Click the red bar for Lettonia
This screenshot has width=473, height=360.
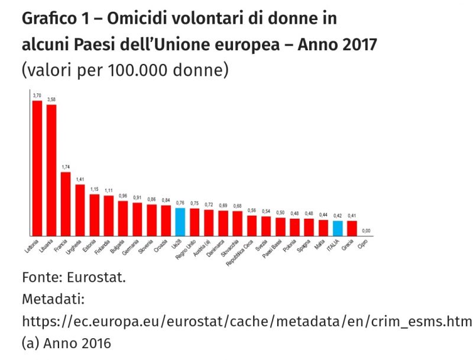[x=37, y=168]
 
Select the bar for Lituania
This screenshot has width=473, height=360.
[x=51, y=170]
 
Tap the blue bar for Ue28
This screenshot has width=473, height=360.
[x=180, y=222]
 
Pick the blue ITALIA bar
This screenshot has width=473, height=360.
[x=338, y=228]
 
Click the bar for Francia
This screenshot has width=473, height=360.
[x=66, y=204]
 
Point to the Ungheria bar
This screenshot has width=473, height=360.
[x=80, y=210]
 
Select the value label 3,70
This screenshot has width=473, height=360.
[x=37, y=95]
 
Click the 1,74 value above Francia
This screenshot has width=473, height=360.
[x=66, y=167]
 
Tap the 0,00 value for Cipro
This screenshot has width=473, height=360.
[x=366, y=231]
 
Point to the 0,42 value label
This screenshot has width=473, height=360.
[x=338, y=216]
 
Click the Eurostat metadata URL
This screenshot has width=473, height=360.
[x=247, y=321]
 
